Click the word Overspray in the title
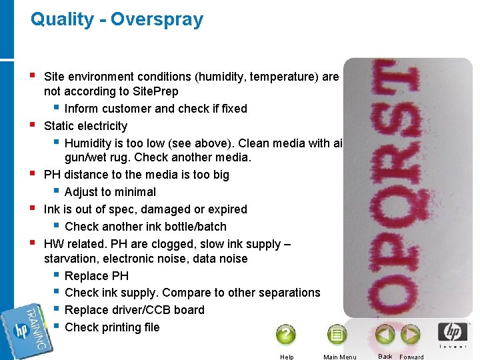point(157,19)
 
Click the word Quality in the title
point(62,19)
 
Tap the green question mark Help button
point(285,334)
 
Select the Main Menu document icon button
point(337,335)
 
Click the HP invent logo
point(452,335)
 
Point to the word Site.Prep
point(154,91)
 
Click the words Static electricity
point(85,126)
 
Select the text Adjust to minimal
point(110,192)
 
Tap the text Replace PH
point(96,276)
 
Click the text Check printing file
point(112,327)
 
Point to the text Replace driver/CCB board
point(135,310)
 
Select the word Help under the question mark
point(287,357)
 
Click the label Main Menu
point(339,357)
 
